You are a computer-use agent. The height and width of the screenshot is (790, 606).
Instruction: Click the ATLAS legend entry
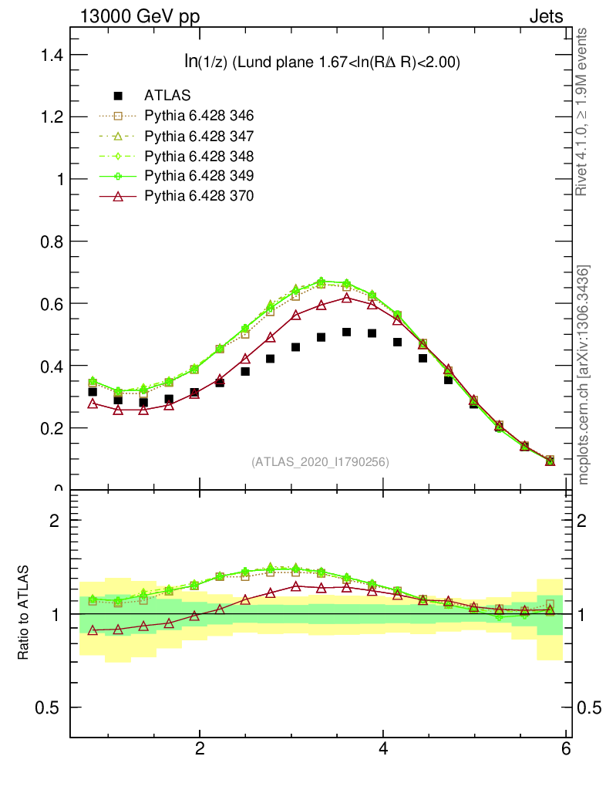point(167,96)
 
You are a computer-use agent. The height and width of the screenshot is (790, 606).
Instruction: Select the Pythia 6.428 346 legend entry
point(198,116)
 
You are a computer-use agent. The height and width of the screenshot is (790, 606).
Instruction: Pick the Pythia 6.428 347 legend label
point(198,136)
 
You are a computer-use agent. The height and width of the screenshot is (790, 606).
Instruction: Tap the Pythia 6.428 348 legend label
point(198,156)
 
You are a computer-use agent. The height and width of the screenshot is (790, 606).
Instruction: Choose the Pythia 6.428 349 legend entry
point(198,176)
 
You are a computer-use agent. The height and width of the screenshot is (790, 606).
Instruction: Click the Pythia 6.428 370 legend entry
point(198,196)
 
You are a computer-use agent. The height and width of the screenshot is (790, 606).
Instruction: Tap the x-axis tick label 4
point(383,749)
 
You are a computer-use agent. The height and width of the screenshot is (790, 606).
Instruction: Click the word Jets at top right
point(545,16)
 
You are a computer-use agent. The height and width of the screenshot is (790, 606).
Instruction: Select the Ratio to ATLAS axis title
point(24,613)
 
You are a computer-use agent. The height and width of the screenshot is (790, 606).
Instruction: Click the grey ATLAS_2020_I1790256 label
point(319,462)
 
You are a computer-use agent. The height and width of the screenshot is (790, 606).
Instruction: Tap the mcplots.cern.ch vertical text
point(584,375)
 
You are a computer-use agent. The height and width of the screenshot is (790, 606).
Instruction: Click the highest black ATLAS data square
point(347,332)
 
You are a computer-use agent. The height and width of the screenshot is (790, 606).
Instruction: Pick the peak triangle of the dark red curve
point(347,298)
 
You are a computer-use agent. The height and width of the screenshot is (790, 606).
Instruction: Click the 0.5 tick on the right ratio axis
point(589,707)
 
